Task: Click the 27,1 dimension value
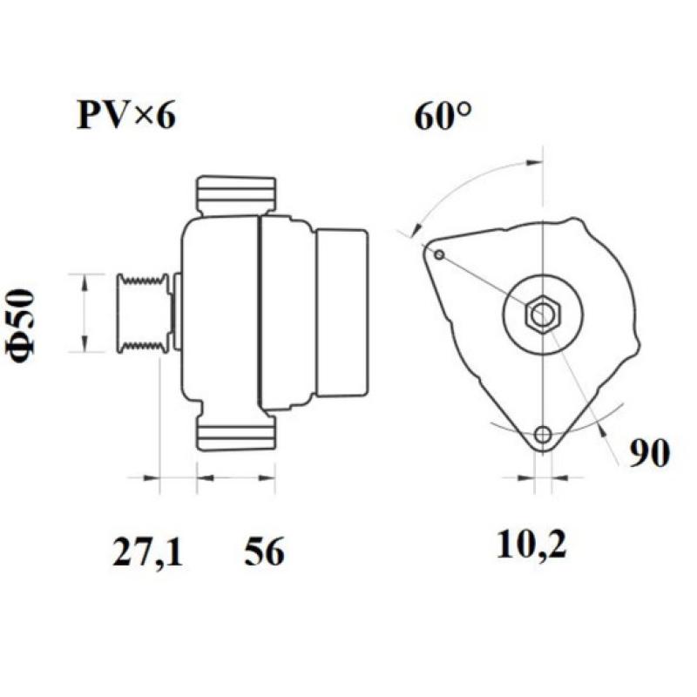pos(147,552)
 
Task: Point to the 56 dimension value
pos(264,552)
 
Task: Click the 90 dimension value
pos(650,453)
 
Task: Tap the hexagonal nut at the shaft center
pos(542,314)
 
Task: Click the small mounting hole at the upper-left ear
pos(439,254)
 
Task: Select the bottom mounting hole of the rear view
pos(544,434)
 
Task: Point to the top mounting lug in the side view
pos(236,195)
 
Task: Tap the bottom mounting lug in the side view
pos(236,432)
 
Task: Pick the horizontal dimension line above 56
pos(236,477)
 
